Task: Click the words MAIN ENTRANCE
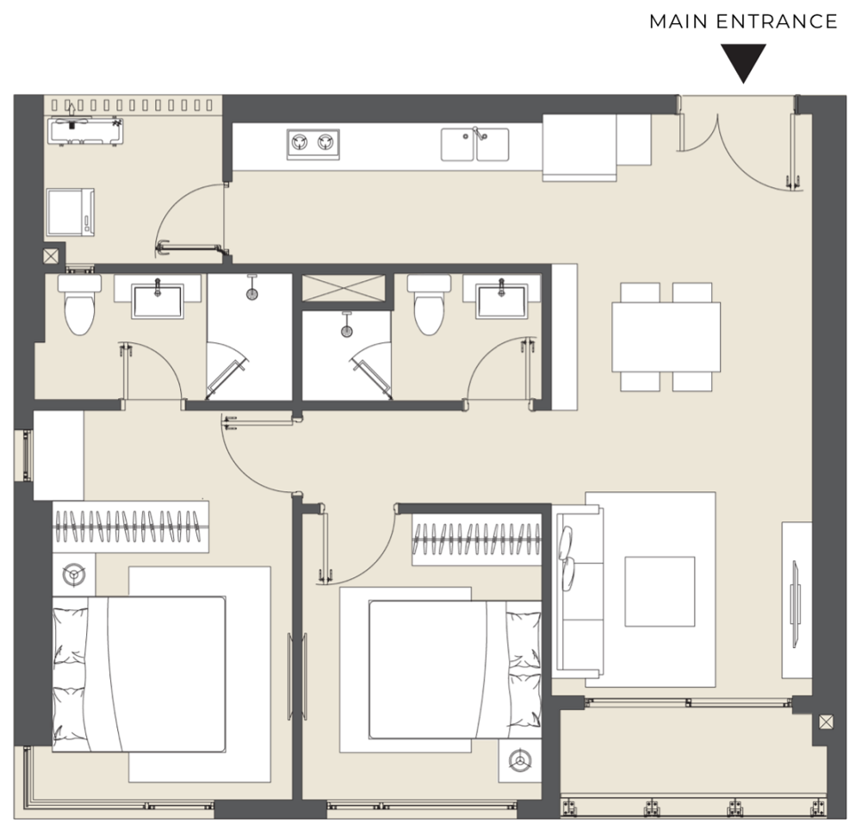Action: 743,22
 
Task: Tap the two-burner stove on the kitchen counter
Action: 313,145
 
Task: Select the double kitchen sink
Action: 475,145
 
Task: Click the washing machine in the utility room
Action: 71,212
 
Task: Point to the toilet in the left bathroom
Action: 79,304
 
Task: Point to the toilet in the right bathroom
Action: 429,304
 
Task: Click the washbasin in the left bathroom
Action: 158,300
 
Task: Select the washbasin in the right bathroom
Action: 501,300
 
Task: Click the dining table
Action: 666,337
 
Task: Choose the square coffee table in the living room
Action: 660,591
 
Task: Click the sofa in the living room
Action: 579,593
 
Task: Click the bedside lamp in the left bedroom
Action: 73,575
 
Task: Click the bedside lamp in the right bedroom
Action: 519,761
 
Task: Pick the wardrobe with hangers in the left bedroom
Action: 131,527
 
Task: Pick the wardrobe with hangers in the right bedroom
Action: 477,539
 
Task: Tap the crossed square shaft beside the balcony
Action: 826,721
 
